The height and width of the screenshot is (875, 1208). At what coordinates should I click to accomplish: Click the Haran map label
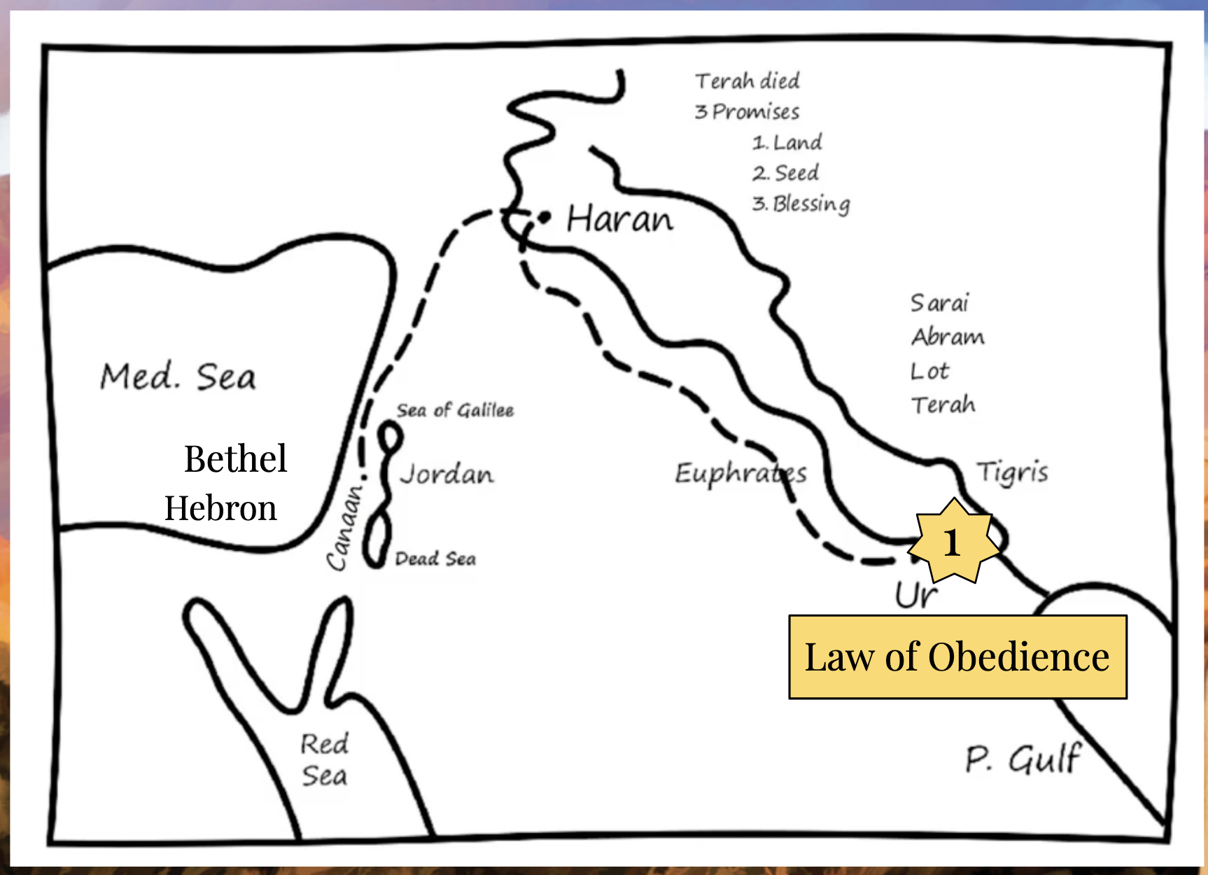(x=619, y=219)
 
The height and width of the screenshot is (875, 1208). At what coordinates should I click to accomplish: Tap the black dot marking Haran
(x=545, y=218)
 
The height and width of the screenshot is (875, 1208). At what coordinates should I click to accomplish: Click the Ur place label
(x=915, y=595)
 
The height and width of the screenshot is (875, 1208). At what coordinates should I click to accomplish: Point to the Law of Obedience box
(x=957, y=657)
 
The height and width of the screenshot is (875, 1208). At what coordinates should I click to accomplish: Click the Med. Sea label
(x=178, y=377)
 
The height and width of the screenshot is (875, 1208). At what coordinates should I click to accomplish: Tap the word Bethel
(x=235, y=459)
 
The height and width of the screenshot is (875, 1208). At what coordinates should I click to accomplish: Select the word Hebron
(x=220, y=508)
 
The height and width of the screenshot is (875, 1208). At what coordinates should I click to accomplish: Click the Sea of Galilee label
(x=455, y=410)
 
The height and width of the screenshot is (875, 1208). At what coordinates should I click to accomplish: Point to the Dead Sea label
(x=435, y=559)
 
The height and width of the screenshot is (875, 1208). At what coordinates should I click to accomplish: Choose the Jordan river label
(x=447, y=475)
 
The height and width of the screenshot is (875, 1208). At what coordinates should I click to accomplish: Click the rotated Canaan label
(x=346, y=526)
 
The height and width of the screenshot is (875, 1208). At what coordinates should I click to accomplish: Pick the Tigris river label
(x=1012, y=472)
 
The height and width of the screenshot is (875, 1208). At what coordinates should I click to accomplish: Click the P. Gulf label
(x=1023, y=759)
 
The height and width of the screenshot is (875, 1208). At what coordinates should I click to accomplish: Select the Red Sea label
(x=324, y=759)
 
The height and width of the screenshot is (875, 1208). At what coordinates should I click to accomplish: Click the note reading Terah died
(x=747, y=81)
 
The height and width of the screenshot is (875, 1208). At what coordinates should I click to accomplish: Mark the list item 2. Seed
(x=785, y=172)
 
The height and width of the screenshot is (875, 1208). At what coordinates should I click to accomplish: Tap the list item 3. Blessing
(x=801, y=204)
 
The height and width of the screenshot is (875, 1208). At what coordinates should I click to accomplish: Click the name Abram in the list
(x=948, y=337)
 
